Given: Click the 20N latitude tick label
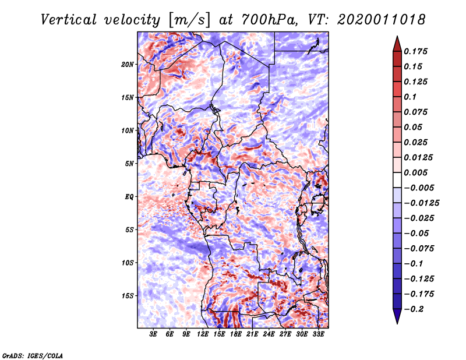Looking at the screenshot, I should click(x=128, y=64).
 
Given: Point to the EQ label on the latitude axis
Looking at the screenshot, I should click(x=129, y=196).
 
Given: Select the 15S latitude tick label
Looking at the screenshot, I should click(x=128, y=295).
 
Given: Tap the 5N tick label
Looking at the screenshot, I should click(x=129, y=164).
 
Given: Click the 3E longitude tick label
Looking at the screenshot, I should click(x=154, y=334).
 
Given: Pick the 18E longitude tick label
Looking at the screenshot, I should click(x=236, y=334).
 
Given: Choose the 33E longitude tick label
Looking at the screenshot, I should click(x=318, y=334).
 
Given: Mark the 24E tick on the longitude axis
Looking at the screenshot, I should click(x=269, y=334).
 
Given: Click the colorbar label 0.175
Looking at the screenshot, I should click(x=417, y=51).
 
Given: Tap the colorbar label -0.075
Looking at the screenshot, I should click(x=419, y=248).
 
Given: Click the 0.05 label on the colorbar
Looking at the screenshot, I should click(x=414, y=127).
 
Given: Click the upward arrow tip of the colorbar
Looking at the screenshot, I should click(x=397, y=38).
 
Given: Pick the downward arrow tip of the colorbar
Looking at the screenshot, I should click(x=397, y=322).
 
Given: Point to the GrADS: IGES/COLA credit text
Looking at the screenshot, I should click(x=33, y=354).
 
